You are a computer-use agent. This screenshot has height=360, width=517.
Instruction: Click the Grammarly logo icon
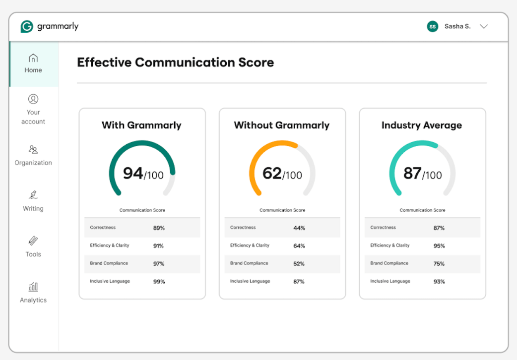(x=27, y=26)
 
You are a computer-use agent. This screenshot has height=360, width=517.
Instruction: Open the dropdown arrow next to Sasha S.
(x=484, y=27)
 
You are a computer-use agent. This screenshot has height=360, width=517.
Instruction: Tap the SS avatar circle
(x=433, y=27)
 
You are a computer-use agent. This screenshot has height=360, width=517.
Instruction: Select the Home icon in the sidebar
(x=33, y=58)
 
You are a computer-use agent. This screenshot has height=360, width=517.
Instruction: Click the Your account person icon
(x=33, y=99)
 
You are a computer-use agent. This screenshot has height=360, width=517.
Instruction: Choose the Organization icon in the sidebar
(x=33, y=149)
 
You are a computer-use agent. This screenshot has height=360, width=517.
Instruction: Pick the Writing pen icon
(x=33, y=195)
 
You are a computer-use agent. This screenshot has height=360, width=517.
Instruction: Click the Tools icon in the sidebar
(x=33, y=241)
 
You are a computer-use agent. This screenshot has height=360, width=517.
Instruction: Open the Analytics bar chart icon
(x=33, y=287)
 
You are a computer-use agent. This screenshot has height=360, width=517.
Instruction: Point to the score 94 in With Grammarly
(x=133, y=173)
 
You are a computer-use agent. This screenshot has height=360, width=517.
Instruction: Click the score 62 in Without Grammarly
(x=272, y=173)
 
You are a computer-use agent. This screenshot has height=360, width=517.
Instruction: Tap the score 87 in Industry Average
(x=412, y=173)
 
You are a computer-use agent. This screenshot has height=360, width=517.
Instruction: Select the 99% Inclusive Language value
(x=159, y=282)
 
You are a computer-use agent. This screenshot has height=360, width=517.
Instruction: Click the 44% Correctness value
(x=299, y=228)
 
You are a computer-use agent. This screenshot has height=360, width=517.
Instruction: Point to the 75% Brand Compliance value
(x=439, y=264)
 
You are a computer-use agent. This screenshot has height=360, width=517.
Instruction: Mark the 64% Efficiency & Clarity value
(x=299, y=246)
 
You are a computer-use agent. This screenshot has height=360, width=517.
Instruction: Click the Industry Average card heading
(x=422, y=125)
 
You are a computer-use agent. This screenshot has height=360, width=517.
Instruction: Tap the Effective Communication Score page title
(x=176, y=62)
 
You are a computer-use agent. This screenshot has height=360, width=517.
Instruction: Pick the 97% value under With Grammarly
(x=159, y=264)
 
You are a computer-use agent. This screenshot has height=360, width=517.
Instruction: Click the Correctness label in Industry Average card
(x=383, y=228)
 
